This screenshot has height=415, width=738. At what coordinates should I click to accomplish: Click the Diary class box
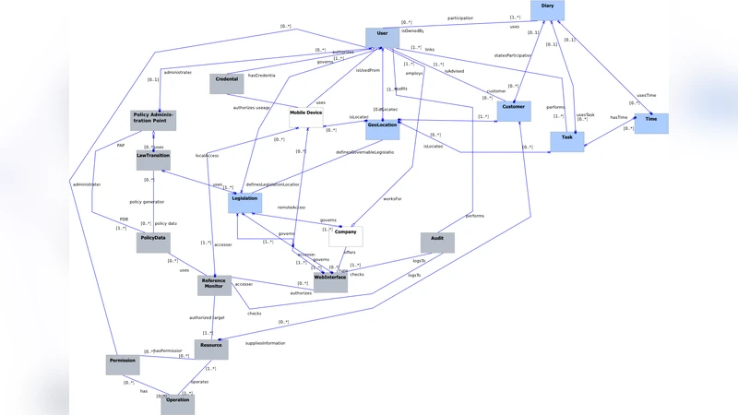[x=548, y=10]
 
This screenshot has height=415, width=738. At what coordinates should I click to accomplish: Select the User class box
[x=382, y=37]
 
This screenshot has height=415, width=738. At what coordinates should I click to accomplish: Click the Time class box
[x=651, y=123]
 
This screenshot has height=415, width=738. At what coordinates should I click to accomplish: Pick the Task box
[x=566, y=141]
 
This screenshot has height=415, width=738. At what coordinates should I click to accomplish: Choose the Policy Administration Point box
[x=153, y=120]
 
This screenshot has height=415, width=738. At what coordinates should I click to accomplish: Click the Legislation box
[x=245, y=202]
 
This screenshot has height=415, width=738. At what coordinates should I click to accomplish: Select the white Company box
[x=345, y=236]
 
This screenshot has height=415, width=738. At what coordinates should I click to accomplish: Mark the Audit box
[x=437, y=242]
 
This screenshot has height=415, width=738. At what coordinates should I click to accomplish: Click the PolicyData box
[x=153, y=242]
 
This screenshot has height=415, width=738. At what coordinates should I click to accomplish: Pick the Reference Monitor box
[x=214, y=285]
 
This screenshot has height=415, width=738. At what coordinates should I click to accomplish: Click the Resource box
[x=211, y=349]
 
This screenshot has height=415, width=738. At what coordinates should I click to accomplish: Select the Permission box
[x=123, y=364]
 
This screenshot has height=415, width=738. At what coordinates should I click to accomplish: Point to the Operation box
[x=178, y=404]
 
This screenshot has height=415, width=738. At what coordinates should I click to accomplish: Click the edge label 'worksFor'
[x=393, y=198]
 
